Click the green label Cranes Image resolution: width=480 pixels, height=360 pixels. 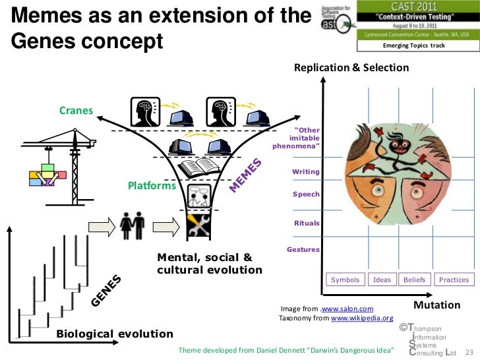76,110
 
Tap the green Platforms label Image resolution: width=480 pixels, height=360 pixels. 151,186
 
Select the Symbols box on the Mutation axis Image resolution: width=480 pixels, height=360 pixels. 345,280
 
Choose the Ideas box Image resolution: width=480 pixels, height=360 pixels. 382,280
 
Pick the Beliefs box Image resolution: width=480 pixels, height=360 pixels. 415,280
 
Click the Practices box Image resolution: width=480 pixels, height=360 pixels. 454,280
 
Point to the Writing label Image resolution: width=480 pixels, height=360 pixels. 306,171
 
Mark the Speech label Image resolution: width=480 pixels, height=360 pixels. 307,195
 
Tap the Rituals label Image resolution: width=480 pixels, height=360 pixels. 307,223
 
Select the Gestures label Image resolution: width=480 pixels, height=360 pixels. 303,249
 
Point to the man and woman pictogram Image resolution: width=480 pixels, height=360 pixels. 133,225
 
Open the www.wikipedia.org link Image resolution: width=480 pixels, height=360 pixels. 361,318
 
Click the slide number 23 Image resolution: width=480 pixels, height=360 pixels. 470,351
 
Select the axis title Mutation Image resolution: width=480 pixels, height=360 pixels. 436,305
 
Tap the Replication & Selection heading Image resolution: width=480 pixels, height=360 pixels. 351,68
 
